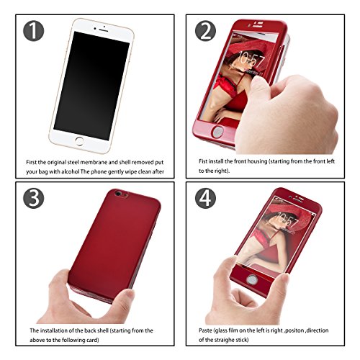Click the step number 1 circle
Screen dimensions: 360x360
click(x=34, y=31)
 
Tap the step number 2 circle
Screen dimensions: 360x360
click(x=205, y=31)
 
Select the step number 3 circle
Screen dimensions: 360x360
click(x=34, y=198)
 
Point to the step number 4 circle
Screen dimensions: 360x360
click(x=205, y=198)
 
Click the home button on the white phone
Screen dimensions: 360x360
click(x=79, y=141)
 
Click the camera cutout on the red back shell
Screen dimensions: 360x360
click(x=120, y=194)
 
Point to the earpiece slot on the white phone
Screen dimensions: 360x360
click(x=104, y=31)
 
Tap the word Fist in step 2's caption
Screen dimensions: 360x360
click(x=203, y=161)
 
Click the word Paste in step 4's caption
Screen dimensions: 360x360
click(x=205, y=330)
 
